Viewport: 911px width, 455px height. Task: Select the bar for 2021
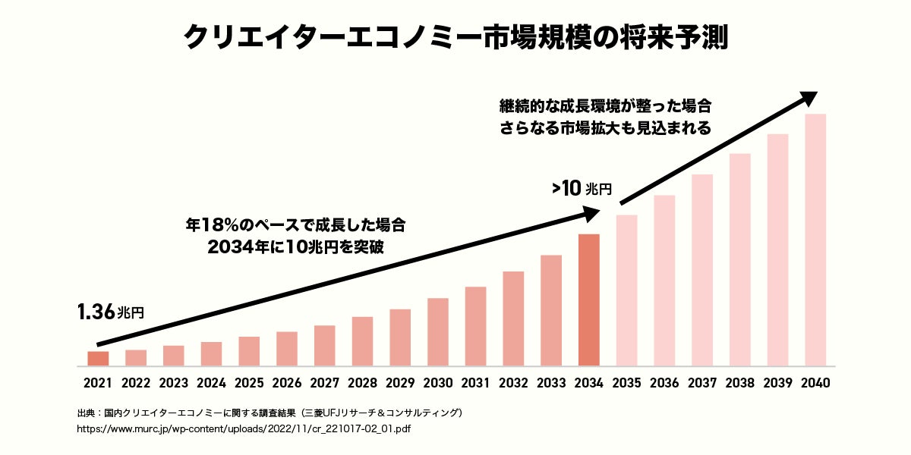[x=98, y=358]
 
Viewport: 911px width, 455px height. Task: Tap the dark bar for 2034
[x=589, y=300]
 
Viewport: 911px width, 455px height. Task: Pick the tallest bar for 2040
[x=815, y=240]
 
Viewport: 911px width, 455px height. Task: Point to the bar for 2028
[x=362, y=341]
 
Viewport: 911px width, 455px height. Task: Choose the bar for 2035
[x=626, y=290]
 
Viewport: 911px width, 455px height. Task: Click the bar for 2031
[x=475, y=326]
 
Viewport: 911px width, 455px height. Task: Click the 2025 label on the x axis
[x=249, y=383]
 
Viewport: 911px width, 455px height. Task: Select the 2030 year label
[x=438, y=383]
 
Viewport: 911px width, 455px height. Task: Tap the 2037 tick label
[x=702, y=383]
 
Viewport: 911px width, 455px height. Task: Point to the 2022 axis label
[x=136, y=383]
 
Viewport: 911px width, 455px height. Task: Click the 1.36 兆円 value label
[x=109, y=312]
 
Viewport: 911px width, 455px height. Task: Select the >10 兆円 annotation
[x=582, y=189]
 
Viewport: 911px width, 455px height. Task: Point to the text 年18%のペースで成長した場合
[x=295, y=225]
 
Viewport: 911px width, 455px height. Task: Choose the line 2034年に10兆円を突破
[x=295, y=246]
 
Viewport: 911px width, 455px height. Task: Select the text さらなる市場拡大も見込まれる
[x=605, y=128]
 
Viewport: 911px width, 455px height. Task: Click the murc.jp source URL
[x=244, y=428]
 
